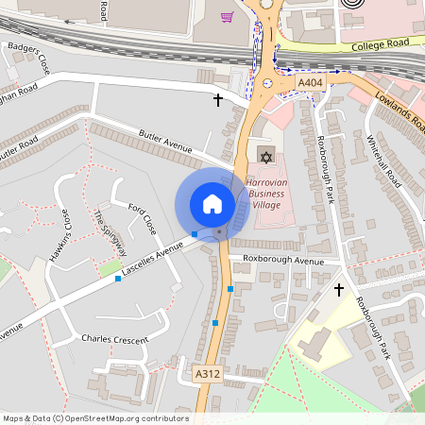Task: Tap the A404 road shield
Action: tap(311, 84)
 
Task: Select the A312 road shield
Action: tap(208, 375)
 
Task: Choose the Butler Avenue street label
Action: tap(164, 144)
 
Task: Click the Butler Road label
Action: tap(20, 152)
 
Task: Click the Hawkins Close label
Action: tap(60, 236)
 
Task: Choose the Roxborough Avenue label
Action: tap(283, 259)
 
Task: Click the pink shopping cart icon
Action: tap(227, 17)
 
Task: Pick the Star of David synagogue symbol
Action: tap(263, 153)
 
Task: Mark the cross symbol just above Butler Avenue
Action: tap(218, 99)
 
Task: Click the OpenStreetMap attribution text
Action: tap(95, 417)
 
